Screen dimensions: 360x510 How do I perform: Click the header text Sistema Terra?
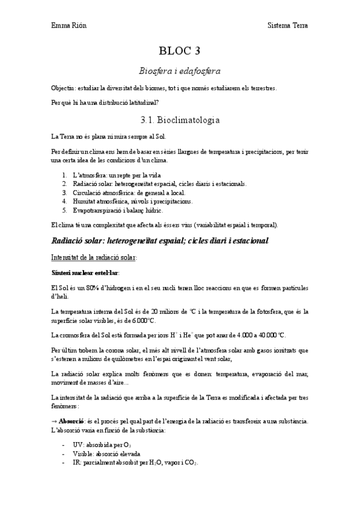pos(288,26)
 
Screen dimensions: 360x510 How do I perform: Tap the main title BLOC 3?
pos(180,51)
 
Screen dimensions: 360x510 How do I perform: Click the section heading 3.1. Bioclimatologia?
pos(180,120)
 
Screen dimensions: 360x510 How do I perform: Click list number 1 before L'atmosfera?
pos(64,174)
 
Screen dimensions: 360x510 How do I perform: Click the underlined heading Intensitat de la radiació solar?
pos(94,257)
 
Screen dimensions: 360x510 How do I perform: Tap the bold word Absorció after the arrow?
pos(75,420)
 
